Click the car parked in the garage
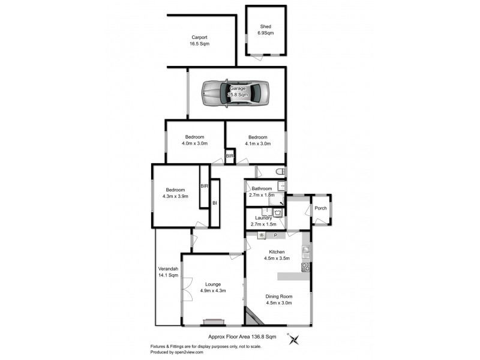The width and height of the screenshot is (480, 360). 235,93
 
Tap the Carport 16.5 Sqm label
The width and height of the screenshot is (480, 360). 199,40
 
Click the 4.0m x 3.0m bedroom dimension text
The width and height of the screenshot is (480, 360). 194,143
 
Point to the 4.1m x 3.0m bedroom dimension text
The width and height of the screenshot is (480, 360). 258,143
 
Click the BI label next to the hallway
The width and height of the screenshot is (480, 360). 214,204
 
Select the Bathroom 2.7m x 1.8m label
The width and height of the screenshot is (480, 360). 262,191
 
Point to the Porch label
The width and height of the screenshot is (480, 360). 320,208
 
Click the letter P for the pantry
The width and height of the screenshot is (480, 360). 275,235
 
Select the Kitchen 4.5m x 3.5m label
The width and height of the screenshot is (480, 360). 277,255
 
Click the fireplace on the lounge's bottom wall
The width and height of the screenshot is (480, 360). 212,322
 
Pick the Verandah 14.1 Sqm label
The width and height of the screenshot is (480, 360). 168,272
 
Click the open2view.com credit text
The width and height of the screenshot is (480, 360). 191,352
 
